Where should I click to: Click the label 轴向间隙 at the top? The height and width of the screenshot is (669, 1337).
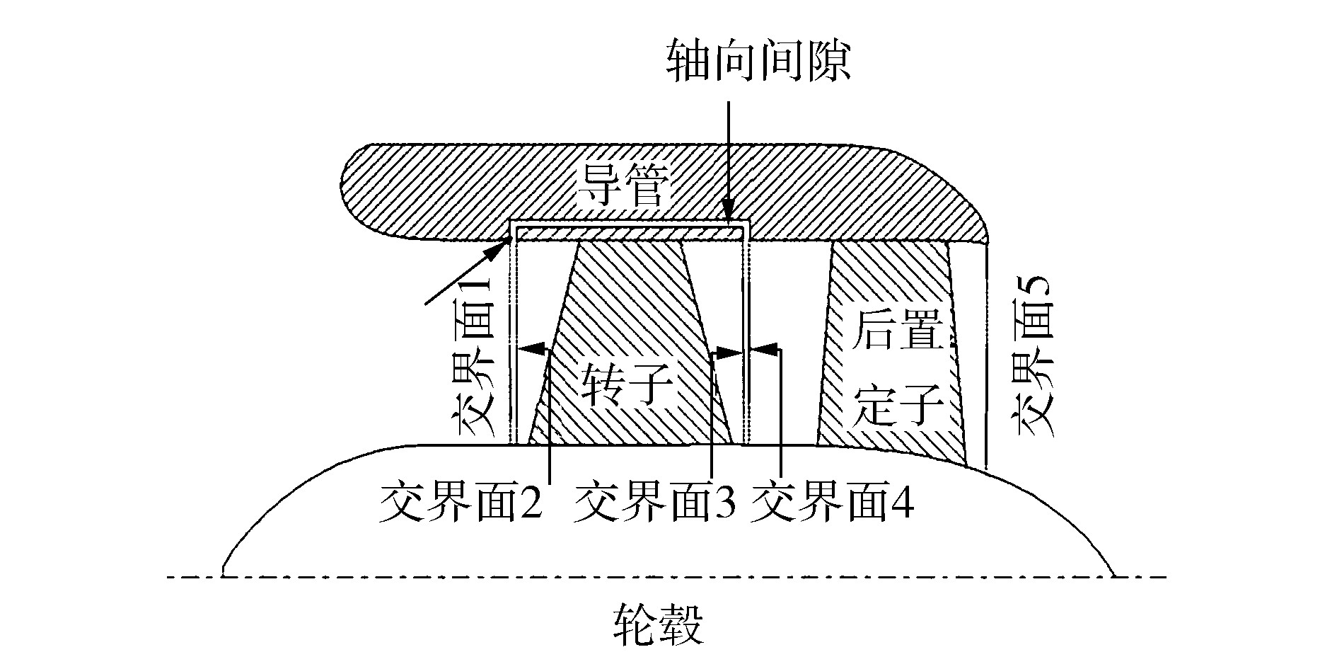click(x=758, y=62)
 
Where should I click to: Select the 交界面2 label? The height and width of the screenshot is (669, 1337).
click(x=460, y=504)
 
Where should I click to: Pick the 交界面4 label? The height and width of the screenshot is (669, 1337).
click(x=832, y=504)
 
